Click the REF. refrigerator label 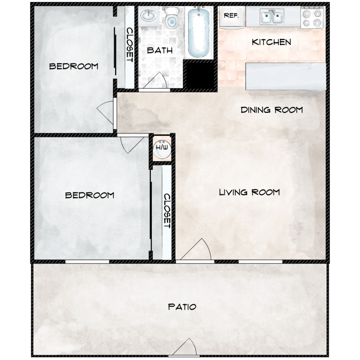click(231, 15)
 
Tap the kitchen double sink click(272, 17)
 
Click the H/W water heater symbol click(162, 150)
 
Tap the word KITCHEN click(271, 42)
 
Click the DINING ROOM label click(272, 110)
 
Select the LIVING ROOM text click(249, 192)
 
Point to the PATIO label click(182, 307)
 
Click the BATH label click(160, 50)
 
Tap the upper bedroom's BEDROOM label click(74, 66)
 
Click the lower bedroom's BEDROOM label click(90, 195)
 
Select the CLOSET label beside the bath click(129, 45)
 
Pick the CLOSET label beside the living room click(167, 211)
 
